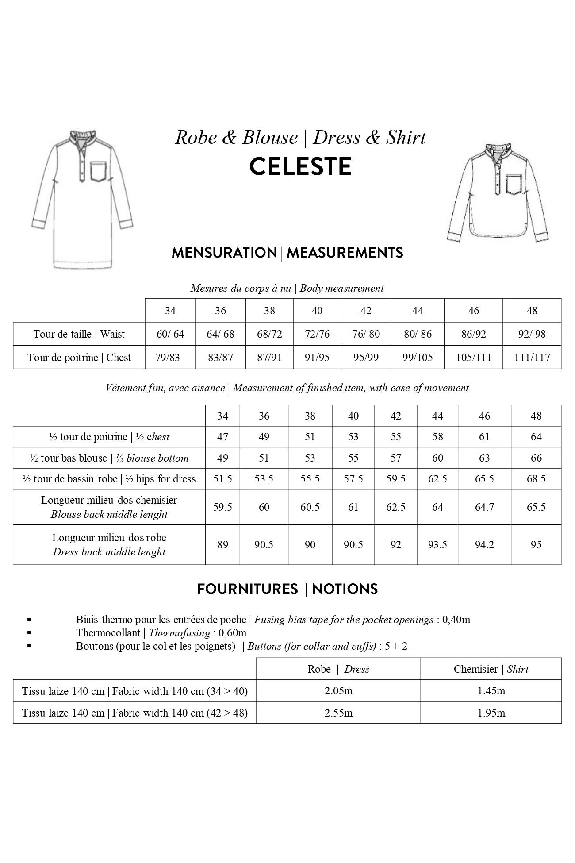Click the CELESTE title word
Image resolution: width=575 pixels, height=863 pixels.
tap(300, 166)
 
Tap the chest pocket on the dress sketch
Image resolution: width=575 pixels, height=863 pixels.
tap(99, 172)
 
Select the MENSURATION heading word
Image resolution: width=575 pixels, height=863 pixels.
tap(224, 253)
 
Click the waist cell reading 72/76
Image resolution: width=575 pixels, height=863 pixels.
tap(317, 334)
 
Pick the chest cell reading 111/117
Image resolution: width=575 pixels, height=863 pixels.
tap(532, 357)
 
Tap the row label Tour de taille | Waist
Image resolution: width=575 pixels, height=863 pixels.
tap(79, 334)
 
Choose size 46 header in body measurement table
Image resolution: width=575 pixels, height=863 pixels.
tap(473, 310)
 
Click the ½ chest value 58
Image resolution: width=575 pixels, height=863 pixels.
tap(437, 437)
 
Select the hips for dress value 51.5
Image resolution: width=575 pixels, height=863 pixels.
tap(222, 479)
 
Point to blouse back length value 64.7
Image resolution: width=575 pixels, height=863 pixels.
tap(484, 507)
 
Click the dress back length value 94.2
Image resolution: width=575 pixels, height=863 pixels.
tap(484, 544)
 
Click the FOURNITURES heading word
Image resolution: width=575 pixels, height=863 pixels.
tap(247, 589)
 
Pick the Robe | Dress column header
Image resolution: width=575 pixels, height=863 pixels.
tap(338, 669)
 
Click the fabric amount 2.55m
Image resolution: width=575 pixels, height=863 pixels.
tap(338, 713)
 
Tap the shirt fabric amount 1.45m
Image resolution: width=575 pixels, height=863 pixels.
tap(491, 690)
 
